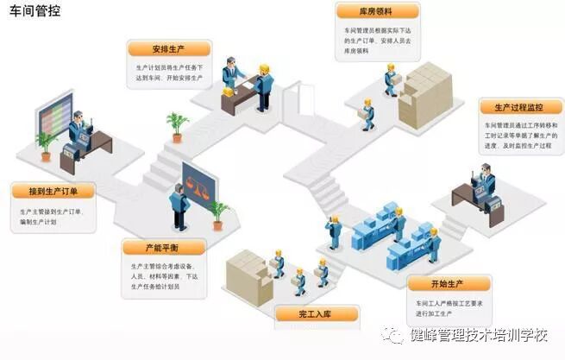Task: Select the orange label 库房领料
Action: [377, 11]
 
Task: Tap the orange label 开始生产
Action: [448, 284]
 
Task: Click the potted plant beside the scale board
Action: [219, 212]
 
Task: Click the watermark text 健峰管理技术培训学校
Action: [478, 336]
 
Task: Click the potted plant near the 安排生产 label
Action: [178, 125]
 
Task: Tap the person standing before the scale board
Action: [179, 203]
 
